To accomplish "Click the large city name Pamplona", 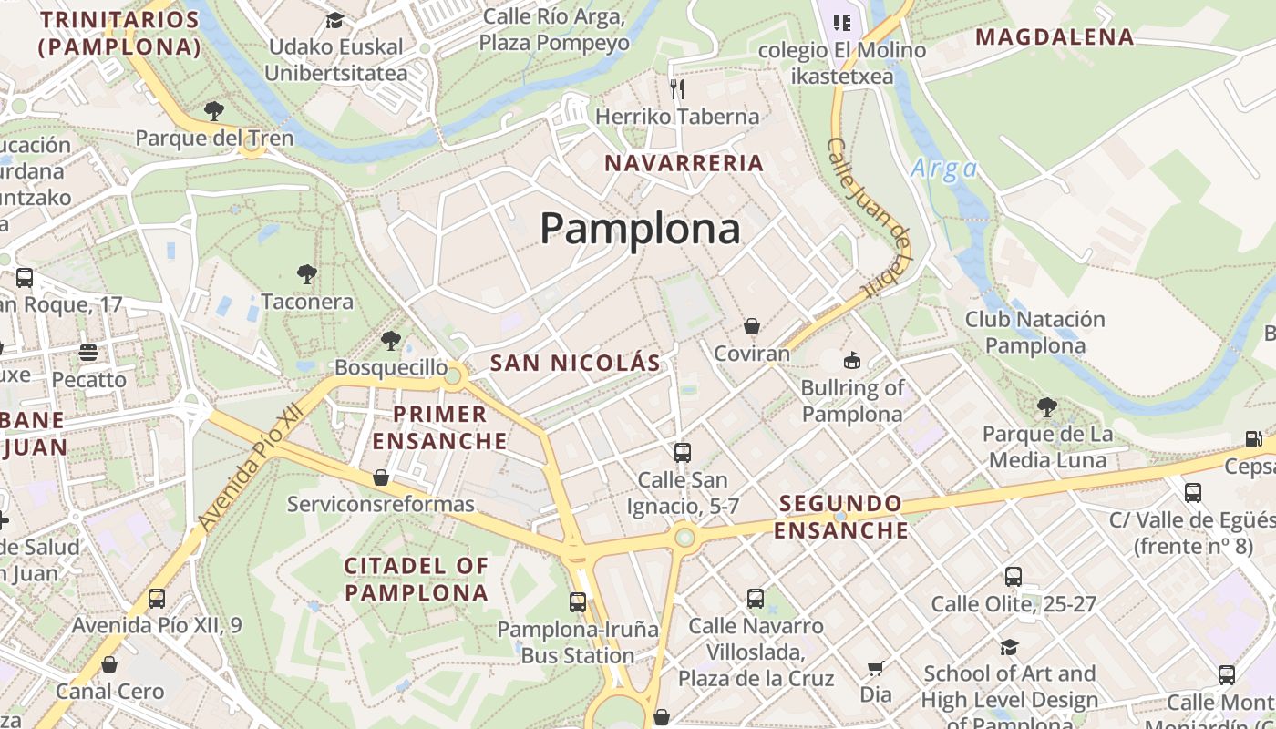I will coord(640,228).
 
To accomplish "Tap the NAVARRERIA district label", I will coord(684,163).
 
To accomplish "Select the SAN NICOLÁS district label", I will coord(575,363).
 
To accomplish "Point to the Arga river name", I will coord(944,169).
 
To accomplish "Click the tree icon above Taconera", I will coord(307,273).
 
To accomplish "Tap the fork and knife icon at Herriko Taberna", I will coord(676,88).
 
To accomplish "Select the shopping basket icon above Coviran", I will coord(752,326).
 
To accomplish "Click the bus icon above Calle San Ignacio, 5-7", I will coord(682,452).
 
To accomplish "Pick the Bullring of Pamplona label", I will coord(852,401).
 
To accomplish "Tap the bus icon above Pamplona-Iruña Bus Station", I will coord(578,601).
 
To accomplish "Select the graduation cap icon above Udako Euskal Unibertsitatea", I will coord(335,20).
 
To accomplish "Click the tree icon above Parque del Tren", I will coord(214,111).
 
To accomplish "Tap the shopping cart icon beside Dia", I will coord(876,669).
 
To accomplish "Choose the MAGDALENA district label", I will coord(1055,37).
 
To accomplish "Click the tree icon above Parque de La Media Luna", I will coord(1047,406).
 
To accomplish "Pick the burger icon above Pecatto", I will coord(88,352).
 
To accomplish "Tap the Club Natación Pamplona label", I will coord(1035,333).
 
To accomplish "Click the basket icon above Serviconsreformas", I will coord(381,477).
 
